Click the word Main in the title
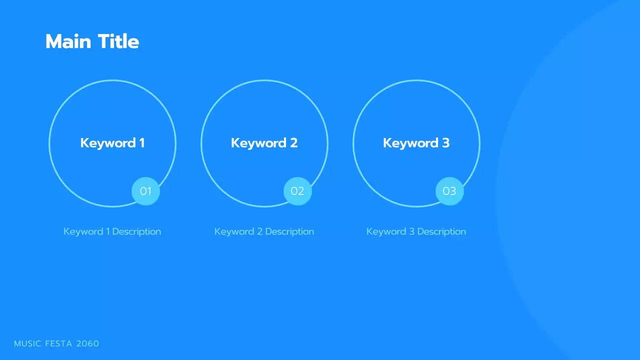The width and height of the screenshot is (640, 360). point(69,41)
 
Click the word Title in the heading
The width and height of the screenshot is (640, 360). point(118,41)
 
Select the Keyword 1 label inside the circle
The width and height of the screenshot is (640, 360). point(112,143)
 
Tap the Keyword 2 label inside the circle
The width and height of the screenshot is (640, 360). point(264,143)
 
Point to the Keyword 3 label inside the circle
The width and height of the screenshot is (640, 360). point(416,143)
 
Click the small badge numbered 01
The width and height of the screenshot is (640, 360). point(145,191)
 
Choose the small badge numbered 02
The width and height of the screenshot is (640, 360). point(297,191)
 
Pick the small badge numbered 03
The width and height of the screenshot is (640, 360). point(449,191)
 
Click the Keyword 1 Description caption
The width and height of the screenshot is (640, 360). point(112,231)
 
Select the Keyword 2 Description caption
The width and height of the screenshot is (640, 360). point(264,231)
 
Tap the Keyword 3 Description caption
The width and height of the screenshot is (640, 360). point(416,231)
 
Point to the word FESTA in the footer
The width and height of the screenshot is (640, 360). point(58,343)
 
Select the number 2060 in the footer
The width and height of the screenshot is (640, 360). point(87,343)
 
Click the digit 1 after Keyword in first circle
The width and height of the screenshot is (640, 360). point(141,143)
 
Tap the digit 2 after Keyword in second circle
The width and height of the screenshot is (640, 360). point(293,143)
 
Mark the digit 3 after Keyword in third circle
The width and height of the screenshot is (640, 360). point(445,143)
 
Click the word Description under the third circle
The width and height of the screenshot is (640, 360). point(441,231)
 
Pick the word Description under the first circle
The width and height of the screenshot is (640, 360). point(136,231)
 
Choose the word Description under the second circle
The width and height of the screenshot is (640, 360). point(289,231)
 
